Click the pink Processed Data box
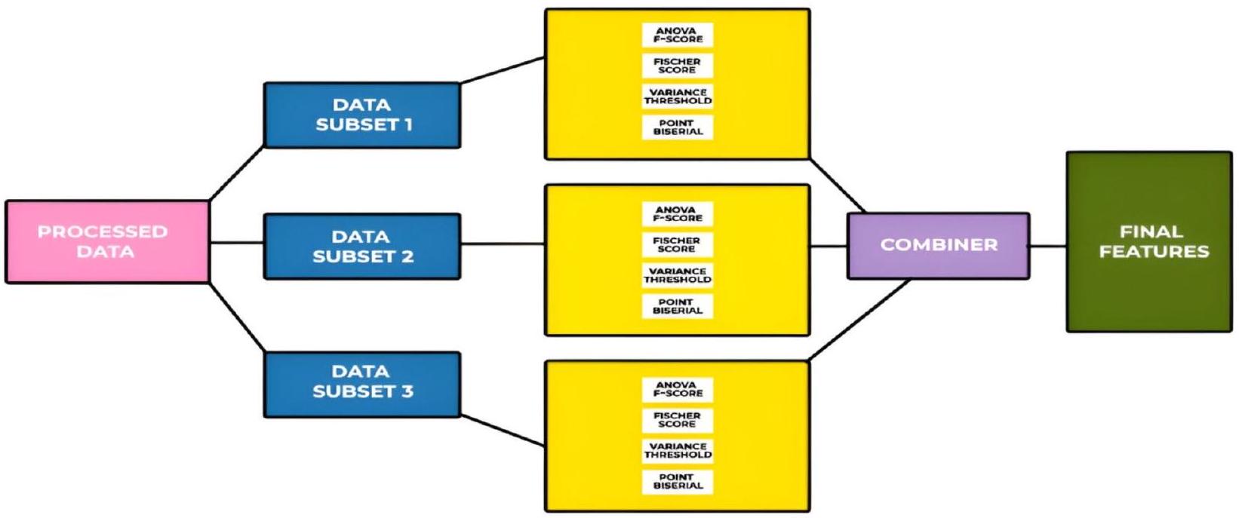tap(106, 241)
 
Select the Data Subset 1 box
tap(361, 115)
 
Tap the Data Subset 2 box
tap(361, 247)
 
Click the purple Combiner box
tap(938, 245)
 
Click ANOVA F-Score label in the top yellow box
tap(678, 35)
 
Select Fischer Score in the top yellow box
tap(678, 66)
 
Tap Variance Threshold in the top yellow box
tap(678, 97)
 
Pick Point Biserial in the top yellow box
tap(678, 127)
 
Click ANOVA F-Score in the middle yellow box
tap(678, 214)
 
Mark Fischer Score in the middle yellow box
tap(678, 244)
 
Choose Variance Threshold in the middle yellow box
tap(678, 275)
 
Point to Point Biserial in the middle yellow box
tap(678, 306)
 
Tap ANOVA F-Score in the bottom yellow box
tap(678, 389)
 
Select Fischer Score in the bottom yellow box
tap(678, 420)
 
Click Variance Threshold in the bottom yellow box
tap(678, 451)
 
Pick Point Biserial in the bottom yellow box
tap(678, 482)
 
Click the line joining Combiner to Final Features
tap(1048, 245)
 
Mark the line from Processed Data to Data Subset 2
tap(236, 243)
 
